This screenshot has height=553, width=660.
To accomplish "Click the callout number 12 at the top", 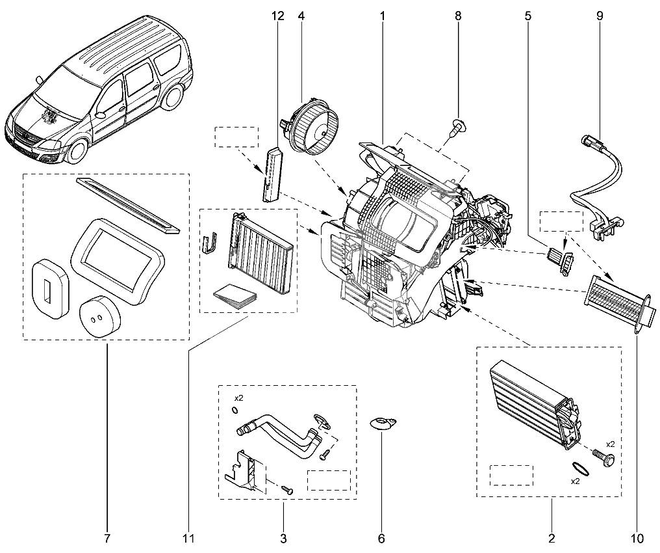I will pos(277,16).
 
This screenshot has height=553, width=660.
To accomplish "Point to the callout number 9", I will pos(599,16).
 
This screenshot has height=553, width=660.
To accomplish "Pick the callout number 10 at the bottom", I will pos(637,538).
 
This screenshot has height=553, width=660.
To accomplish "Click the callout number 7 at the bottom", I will pos(107,538).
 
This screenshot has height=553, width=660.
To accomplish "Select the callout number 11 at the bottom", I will pos(188,538).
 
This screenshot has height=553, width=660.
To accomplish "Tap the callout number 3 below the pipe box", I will pos(283,538).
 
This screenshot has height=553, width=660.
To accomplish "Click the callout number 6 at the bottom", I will pos(381,538).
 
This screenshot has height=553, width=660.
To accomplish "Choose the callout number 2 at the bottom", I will pos(552,538).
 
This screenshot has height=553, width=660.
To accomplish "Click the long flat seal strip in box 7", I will pos(127,204).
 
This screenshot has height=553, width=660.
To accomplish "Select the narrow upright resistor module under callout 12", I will pos(272,174).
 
